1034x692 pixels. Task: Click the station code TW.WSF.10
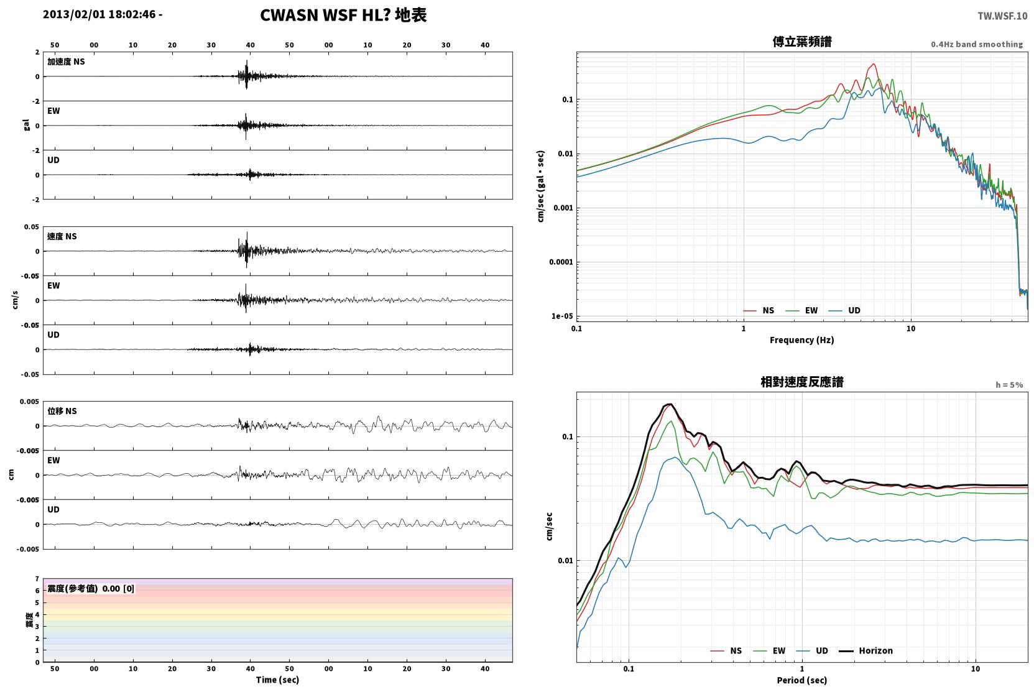[1002, 16]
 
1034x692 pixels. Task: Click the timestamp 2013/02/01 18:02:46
[99, 14]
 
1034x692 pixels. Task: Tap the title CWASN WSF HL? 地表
[343, 15]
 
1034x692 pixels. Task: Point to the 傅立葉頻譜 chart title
[802, 42]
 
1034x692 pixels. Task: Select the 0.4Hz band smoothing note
[977, 44]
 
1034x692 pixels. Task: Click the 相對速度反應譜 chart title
[802, 382]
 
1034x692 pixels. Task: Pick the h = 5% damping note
[1009, 384]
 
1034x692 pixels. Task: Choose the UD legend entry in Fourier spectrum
[844, 310]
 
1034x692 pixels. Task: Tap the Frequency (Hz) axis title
[802, 340]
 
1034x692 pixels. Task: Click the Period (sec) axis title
[802, 680]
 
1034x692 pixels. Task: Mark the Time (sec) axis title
[277, 680]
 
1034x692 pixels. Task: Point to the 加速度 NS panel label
[66, 62]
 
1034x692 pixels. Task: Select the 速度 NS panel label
[62, 236]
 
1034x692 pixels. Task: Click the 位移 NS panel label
[62, 411]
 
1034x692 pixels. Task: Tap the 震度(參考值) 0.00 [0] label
[91, 589]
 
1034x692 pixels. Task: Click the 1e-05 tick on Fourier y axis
[562, 316]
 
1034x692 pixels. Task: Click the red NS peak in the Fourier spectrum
[873, 64]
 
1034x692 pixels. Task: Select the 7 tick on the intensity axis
[37, 579]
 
